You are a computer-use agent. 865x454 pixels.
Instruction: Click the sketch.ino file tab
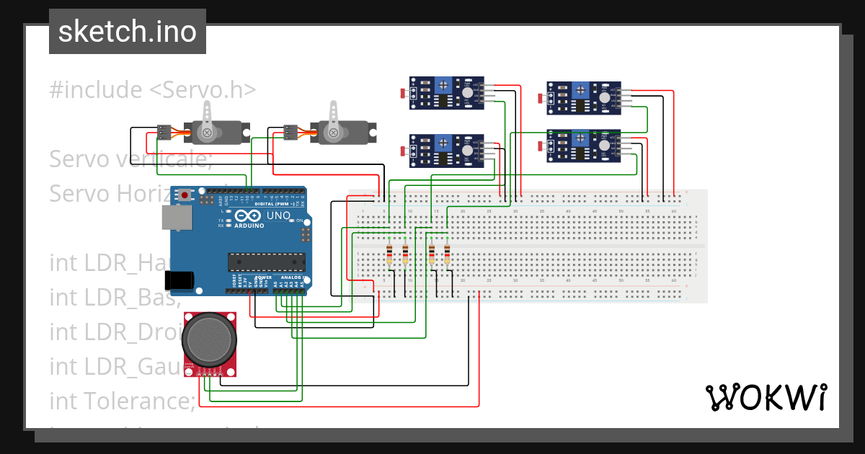pos(128,32)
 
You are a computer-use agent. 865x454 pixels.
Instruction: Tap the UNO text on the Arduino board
pos(278,215)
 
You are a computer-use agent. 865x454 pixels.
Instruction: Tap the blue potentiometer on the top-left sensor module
pos(443,86)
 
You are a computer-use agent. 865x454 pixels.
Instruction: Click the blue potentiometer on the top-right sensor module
pos(580,90)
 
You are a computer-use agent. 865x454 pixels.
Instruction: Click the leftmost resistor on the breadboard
pos(389,254)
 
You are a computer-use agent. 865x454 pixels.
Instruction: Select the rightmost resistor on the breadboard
pos(447,254)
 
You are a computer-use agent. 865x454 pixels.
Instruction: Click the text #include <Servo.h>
pos(153,90)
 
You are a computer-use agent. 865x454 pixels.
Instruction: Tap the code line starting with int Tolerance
pos(122,399)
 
